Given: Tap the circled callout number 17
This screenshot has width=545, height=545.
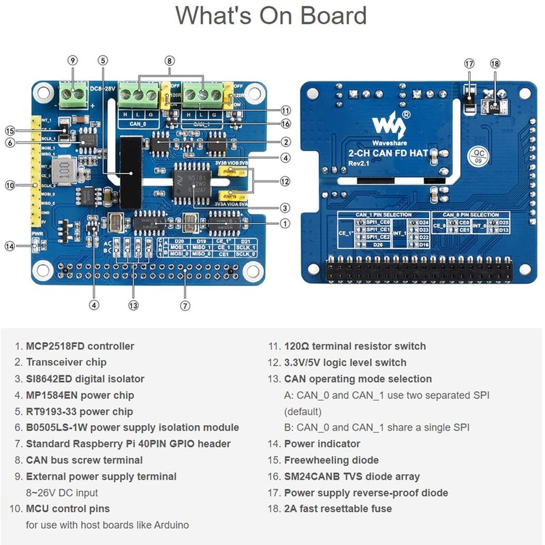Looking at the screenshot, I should [x=469, y=63].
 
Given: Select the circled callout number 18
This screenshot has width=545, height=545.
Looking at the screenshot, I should [x=495, y=63].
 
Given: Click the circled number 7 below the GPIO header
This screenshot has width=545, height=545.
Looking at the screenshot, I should [x=185, y=305].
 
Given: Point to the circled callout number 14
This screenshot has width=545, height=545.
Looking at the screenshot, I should [x=10, y=246].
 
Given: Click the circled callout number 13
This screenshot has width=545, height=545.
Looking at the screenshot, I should [x=134, y=305].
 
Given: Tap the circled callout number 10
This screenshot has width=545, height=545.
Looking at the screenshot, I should [x=10, y=185].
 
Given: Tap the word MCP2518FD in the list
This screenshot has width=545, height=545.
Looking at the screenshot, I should [x=55, y=346].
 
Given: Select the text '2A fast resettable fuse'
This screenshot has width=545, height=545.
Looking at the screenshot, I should [x=338, y=509].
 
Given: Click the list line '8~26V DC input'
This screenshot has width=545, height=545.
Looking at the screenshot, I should [x=62, y=493].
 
